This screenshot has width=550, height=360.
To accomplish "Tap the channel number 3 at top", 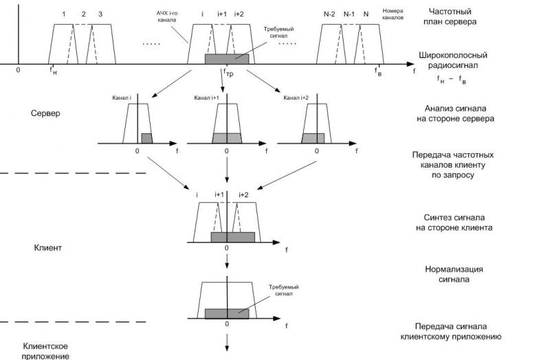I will [100, 14].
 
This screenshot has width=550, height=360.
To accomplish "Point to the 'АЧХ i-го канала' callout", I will [168, 19].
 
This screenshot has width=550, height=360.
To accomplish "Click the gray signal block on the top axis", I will [227, 59].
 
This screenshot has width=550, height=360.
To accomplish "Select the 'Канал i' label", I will [122, 98].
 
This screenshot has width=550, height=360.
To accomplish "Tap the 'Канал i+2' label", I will [296, 98].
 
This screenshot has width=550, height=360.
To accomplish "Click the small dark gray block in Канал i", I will [146, 138].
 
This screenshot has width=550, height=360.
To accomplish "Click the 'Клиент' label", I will [47, 245].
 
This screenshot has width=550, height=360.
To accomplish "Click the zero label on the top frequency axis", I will [19, 70].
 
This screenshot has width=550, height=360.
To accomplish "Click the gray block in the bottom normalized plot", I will [227, 313].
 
